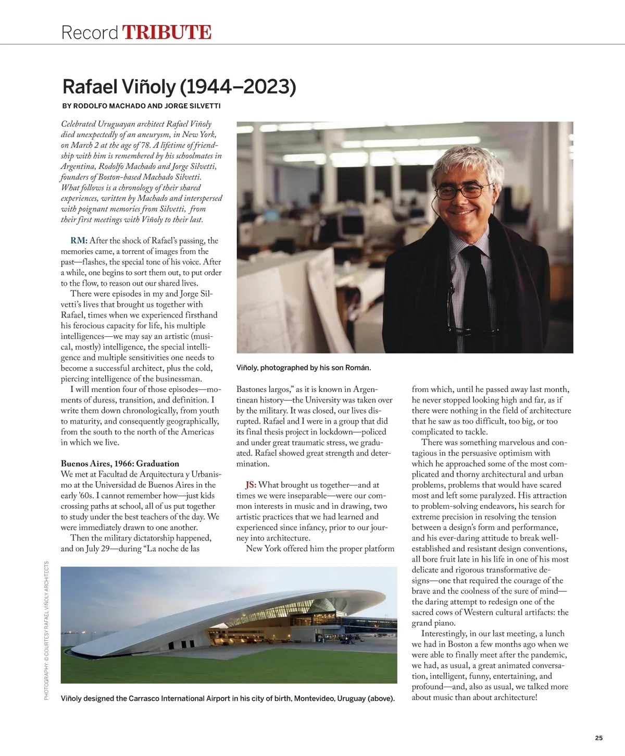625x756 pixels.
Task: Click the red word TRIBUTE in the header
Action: (x=167, y=32)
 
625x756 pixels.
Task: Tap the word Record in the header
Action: (x=90, y=33)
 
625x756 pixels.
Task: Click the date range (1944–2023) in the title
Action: (x=238, y=87)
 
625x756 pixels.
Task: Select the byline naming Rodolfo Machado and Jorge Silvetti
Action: (x=141, y=106)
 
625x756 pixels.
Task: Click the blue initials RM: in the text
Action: (x=79, y=241)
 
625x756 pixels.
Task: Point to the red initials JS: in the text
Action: (x=251, y=485)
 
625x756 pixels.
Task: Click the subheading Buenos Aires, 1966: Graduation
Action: (x=120, y=464)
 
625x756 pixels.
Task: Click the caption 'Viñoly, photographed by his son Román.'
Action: (x=304, y=368)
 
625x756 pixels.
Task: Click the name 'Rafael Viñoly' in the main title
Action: (x=119, y=87)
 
